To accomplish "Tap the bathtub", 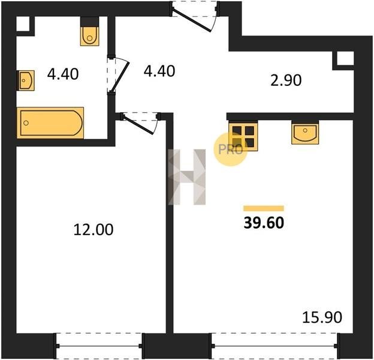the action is [x=50, y=123].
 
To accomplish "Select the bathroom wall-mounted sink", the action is [x=26, y=80].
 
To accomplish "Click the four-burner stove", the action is [x=243, y=136].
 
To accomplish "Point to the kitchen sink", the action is [x=305, y=133].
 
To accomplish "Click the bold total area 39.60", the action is [x=264, y=223].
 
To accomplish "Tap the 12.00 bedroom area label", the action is [x=93, y=230].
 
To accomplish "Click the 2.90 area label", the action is [x=286, y=80].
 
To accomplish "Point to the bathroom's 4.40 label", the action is [x=63, y=74].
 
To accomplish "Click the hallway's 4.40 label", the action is [x=159, y=71].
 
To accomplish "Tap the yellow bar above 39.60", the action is [x=264, y=208].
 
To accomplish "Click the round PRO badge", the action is [x=231, y=149].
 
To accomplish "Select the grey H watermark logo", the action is [x=187, y=177].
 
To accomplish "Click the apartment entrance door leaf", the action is [x=191, y=20].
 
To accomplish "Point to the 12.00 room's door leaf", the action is [x=138, y=125].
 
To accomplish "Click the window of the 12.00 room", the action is [x=99, y=346].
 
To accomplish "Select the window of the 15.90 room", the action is [x=275, y=346].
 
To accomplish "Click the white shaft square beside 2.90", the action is [x=345, y=58].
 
